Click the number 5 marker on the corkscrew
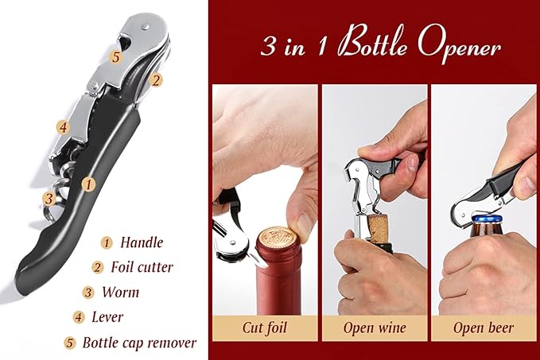(x=116, y=56)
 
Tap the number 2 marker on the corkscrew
(x=157, y=79)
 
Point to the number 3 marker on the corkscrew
(x=49, y=199)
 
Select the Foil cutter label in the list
(x=142, y=267)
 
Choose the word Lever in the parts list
(x=107, y=316)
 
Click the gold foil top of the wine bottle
(x=278, y=237)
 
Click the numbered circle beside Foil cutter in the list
(x=99, y=267)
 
